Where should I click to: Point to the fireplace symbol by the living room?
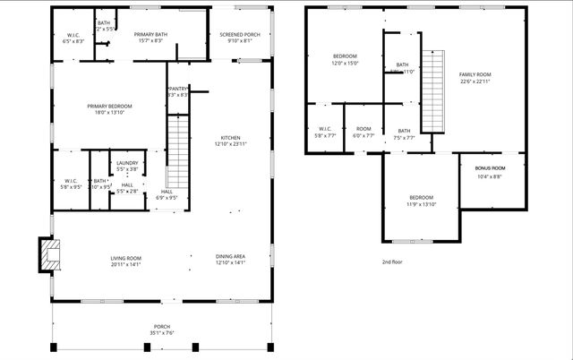[51, 253]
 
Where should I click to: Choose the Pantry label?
[177, 90]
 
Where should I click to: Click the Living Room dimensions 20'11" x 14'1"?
[126, 264]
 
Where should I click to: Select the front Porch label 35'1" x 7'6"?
[162, 330]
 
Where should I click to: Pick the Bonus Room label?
[490, 172]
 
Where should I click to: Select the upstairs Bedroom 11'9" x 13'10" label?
[422, 201]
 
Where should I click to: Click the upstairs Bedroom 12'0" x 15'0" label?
[346, 59]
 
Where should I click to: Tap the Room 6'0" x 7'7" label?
[363, 133]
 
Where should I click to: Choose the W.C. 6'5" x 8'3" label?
[73, 38]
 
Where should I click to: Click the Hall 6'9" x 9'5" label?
[167, 194]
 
